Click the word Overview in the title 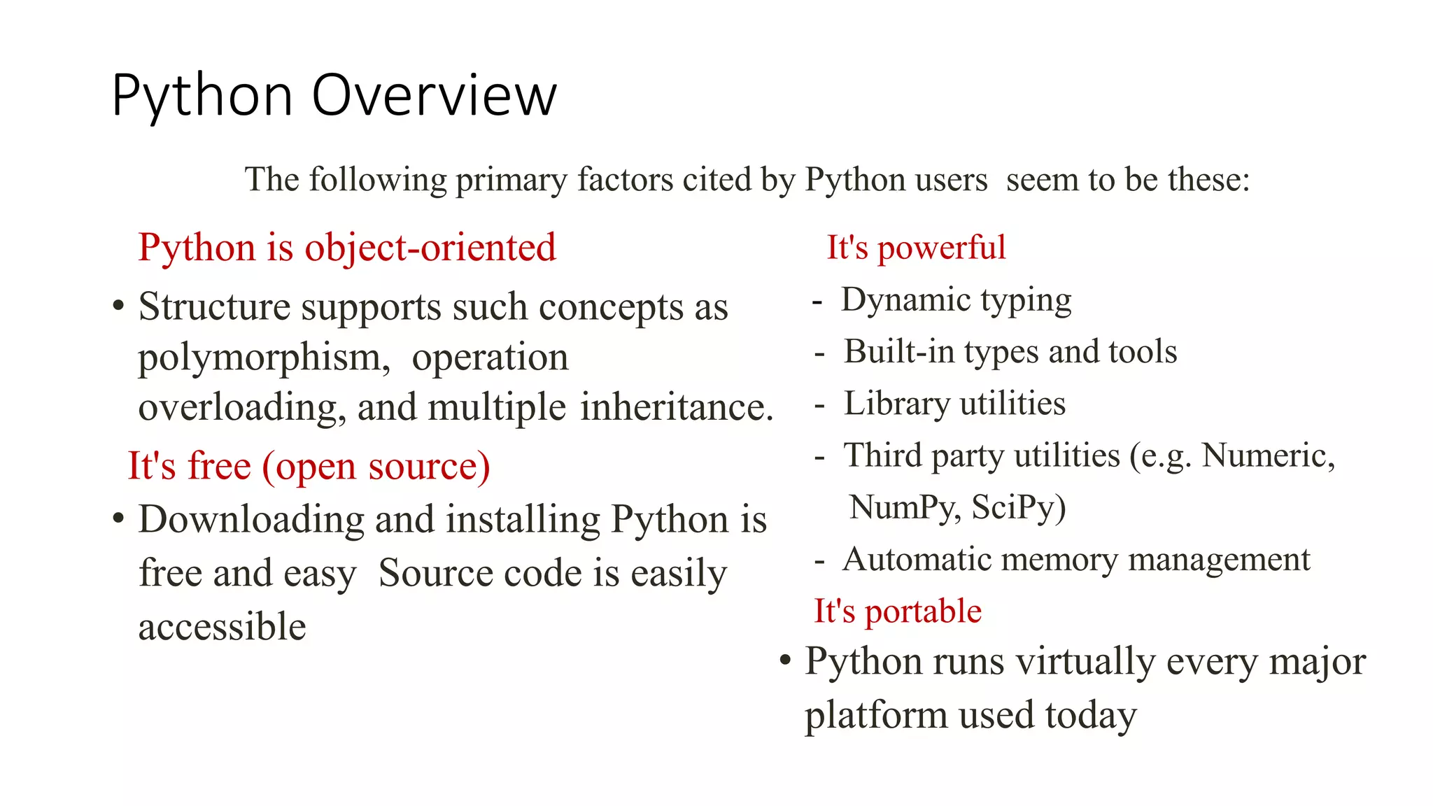(434, 96)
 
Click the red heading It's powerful (916, 248)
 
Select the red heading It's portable (898, 611)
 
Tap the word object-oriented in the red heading (430, 248)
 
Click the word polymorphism (264, 358)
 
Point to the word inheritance (676, 407)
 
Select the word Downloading (251, 520)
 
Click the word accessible (223, 626)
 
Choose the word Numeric (1267, 455)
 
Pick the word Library (896, 404)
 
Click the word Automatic (917, 559)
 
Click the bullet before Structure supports (118, 306)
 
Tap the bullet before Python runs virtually (785, 660)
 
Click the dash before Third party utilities (819, 456)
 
